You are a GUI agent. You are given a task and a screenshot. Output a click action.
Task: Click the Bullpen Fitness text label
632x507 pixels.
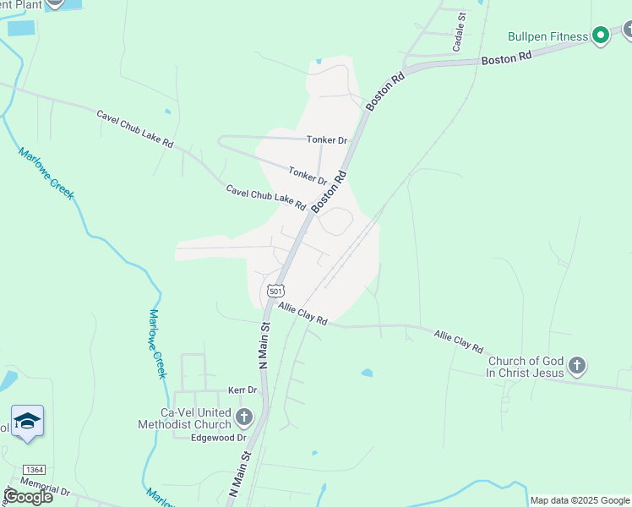coord(548,36)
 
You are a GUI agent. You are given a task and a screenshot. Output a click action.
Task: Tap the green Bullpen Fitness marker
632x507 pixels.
coord(601,35)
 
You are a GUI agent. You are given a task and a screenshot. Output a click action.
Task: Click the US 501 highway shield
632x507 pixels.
coord(275,291)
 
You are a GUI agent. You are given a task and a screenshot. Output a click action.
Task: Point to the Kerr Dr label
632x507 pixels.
coord(242,390)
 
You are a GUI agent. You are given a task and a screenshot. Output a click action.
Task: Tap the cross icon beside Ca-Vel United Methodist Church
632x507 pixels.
coord(244,417)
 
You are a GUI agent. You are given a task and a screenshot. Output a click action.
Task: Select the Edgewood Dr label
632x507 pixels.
coord(218,438)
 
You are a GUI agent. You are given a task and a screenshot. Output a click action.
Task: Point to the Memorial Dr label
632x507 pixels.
coord(45,489)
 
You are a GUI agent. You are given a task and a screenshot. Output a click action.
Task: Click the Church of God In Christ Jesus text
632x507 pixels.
coord(524,367)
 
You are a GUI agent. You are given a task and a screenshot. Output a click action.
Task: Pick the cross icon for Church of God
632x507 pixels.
coord(577,366)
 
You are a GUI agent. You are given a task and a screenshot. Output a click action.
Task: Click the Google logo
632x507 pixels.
coord(28,497)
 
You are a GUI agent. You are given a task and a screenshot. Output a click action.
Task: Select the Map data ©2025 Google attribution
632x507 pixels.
coord(580,500)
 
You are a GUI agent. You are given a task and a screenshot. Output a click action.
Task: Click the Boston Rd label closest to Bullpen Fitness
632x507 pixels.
coord(506,57)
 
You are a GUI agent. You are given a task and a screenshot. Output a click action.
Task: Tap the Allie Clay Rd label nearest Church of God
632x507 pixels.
coord(459,341)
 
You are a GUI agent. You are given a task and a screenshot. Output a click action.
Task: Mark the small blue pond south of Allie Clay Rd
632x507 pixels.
coord(367,373)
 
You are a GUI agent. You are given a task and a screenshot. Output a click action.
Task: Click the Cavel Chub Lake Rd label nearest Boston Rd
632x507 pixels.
coord(265,198)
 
